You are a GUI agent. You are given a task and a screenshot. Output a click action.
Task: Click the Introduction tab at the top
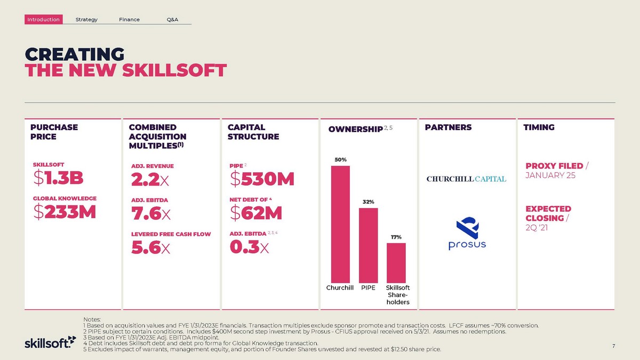pyautogui.click(x=44, y=20)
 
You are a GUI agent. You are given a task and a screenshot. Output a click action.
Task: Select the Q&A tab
pyautogui.click(x=172, y=20)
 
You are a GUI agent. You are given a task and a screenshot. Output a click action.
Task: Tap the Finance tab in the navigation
pyautogui.click(x=130, y=20)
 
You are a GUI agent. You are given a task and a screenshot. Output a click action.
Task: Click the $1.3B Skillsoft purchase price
pyautogui.click(x=58, y=179)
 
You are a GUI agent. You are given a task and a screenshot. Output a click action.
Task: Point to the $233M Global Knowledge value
pyautogui.click(x=65, y=212)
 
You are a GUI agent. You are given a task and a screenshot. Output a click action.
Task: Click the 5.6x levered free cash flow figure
pyautogui.click(x=150, y=247)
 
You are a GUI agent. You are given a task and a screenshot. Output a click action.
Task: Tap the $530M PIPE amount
pyautogui.click(x=262, y=179)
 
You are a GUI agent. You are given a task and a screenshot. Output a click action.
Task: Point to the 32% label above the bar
pyautogui.click(x=369, y=202)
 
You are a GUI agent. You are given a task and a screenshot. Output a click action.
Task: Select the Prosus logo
pyautogui.click(x=467, y=234)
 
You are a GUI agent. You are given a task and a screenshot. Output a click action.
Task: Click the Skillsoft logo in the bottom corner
pyautogui.click(x=47, y=342)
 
